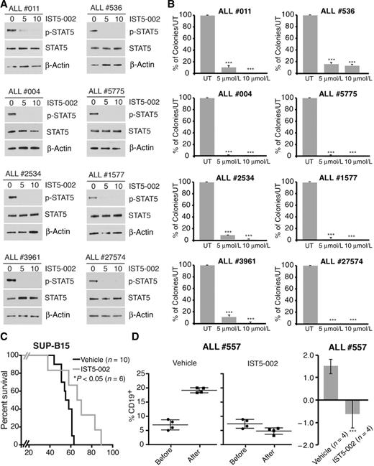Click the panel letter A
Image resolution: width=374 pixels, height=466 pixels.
click(5, 6)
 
